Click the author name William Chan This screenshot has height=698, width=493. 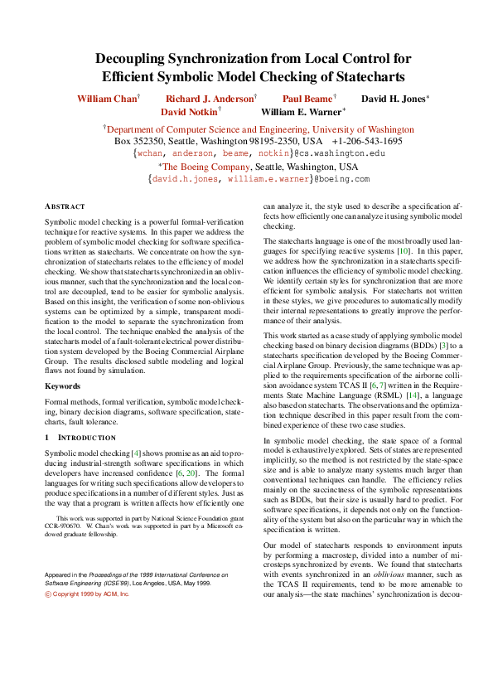click(107, 99)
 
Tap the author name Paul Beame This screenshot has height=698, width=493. click(306, 99)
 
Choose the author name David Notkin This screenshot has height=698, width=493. click(189, 111)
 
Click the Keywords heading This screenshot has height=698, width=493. click(62, 386)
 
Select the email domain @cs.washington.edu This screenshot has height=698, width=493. click(340, 153)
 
